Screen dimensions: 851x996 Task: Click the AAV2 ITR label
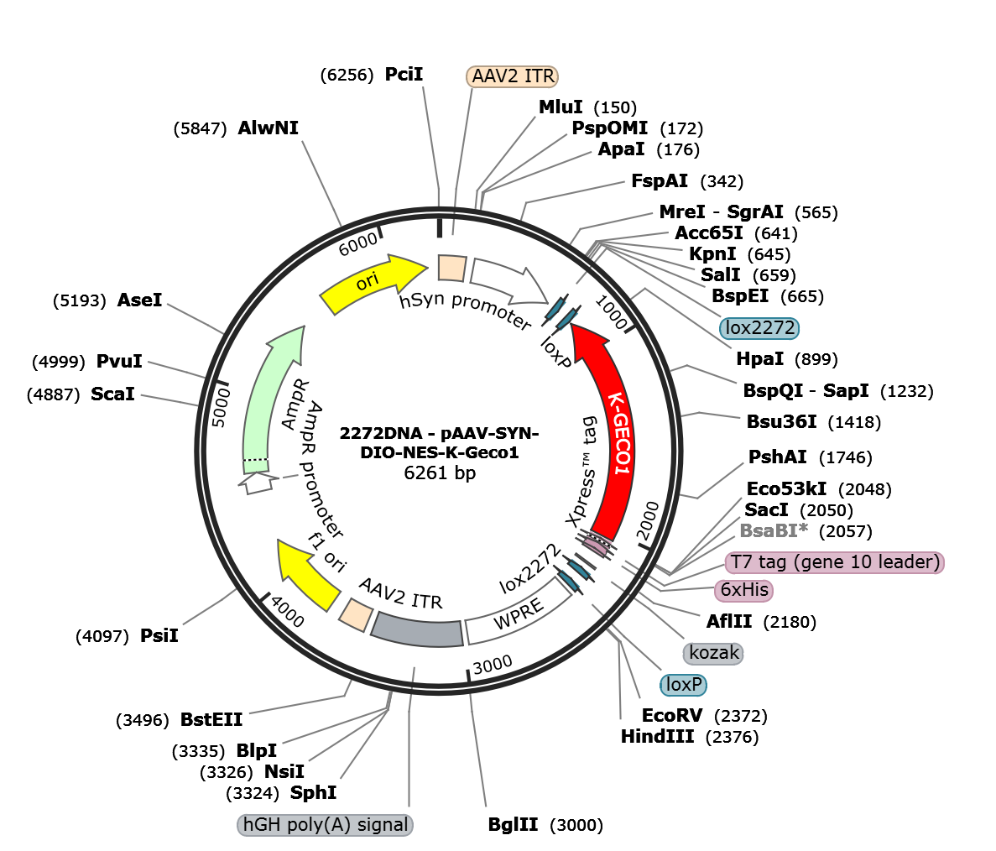[x=512, y=76]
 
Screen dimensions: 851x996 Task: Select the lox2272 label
[x=759, y=328]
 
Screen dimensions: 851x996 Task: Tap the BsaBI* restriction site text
[x=773, y=530]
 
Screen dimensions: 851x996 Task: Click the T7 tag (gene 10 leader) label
[x=835, y=562]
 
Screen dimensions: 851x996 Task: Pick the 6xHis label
[x=743, y=590]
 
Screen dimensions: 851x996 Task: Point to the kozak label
[x=714, y=652]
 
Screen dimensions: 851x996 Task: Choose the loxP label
[x=683, y=685]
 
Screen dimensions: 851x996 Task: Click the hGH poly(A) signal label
[x=326, y=825]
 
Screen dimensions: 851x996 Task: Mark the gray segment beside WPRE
[x=417, y=629]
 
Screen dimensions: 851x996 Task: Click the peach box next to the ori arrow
[x=451, y=268]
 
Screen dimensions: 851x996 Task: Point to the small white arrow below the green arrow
[x=258, y=483]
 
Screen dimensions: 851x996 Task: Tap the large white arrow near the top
[x=508, y=281]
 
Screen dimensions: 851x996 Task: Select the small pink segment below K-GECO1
[x=597, y=546]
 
